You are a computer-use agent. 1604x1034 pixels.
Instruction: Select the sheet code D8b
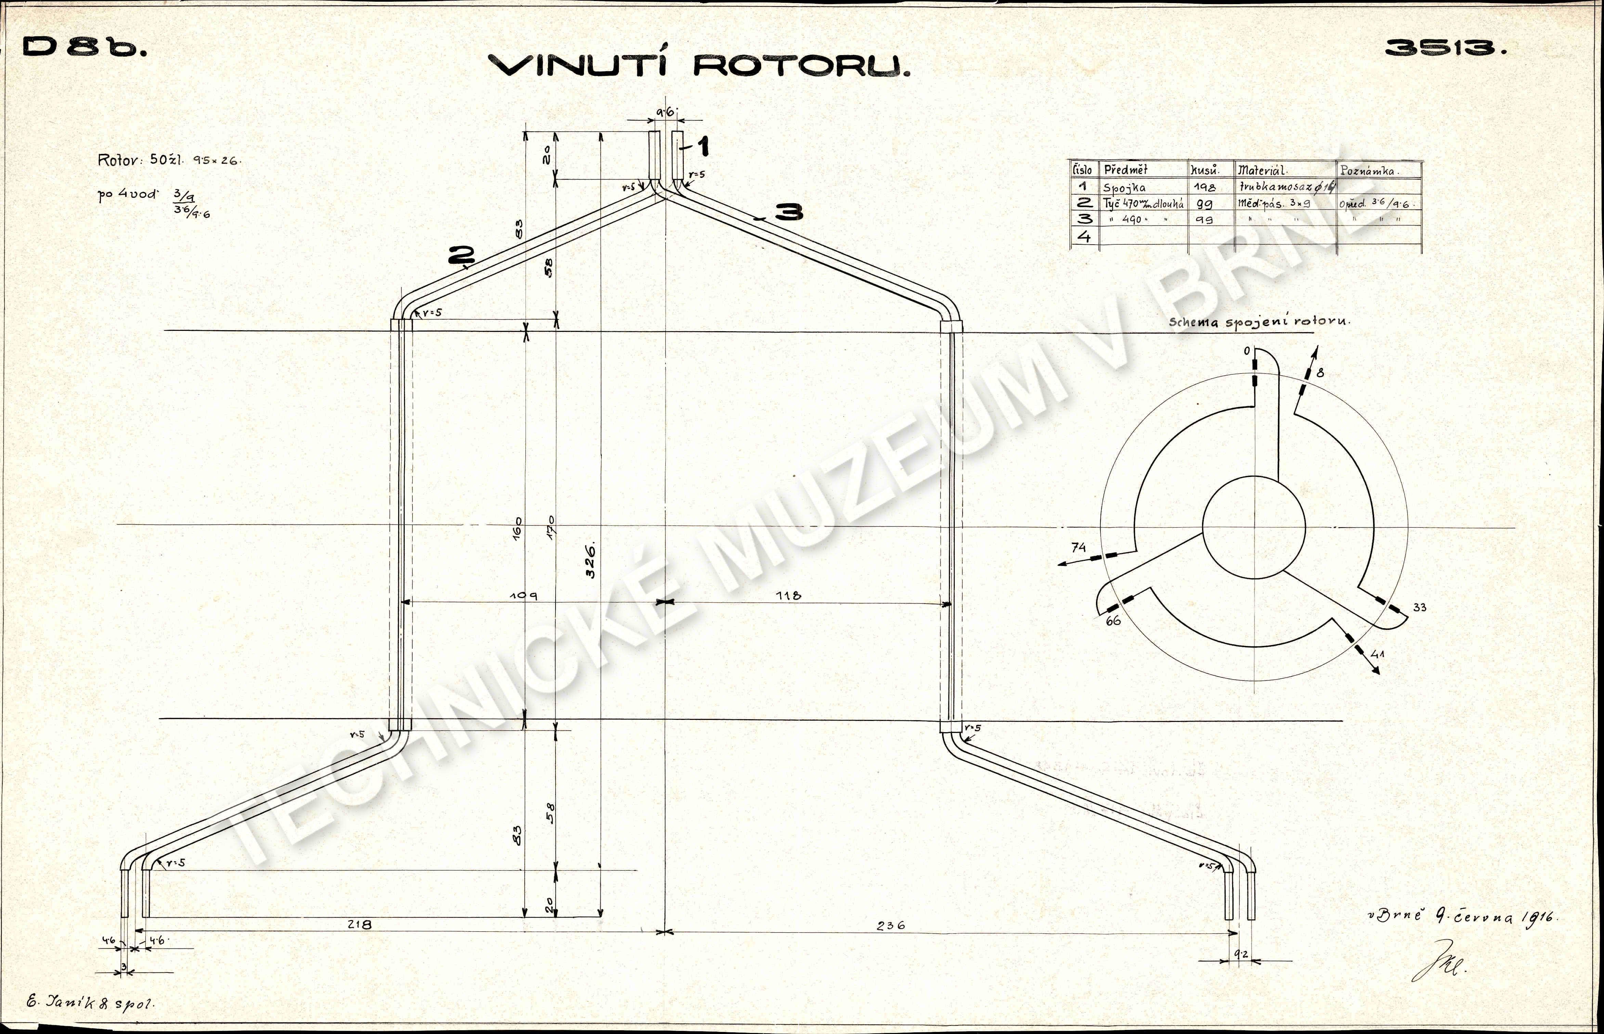pos(84,47)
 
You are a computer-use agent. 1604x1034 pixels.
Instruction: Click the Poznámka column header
pos(1369,170)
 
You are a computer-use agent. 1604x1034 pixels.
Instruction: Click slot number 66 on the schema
pos(1113,621)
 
